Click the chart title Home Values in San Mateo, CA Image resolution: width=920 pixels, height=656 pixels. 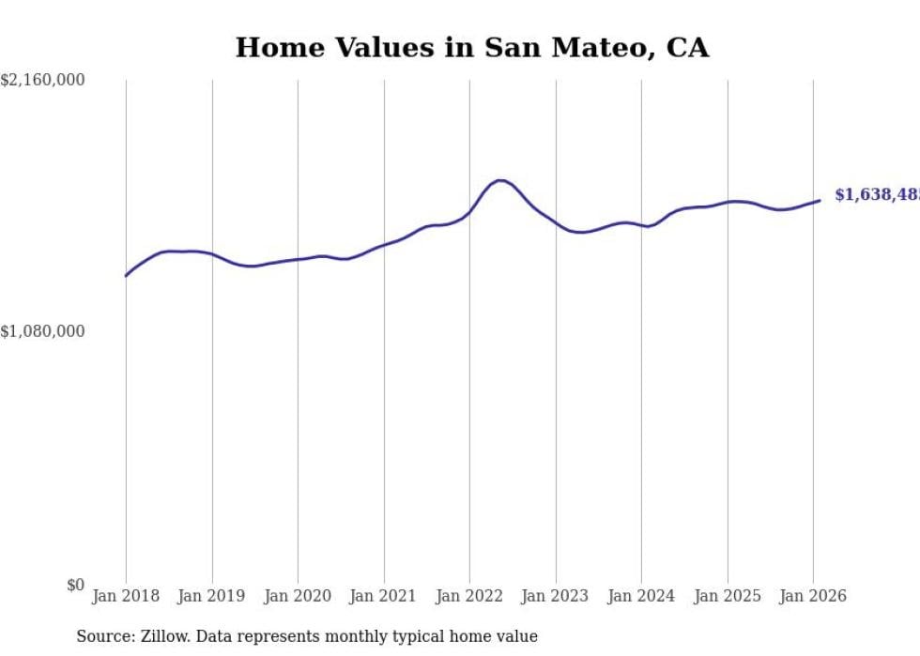pos(471,48)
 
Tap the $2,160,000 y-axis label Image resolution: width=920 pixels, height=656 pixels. pos(43,81)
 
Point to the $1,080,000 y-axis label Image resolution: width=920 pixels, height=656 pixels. pos(43,331)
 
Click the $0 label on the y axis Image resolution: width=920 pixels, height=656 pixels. pos(75,585)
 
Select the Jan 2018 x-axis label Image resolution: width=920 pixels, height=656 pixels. pos(126,596)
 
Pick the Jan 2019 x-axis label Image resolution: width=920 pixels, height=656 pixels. pos(212,596)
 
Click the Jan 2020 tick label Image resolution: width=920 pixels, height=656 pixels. pos(298,596)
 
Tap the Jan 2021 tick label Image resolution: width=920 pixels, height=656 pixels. pos(384,596)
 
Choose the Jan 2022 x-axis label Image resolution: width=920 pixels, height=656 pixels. pos(469,596)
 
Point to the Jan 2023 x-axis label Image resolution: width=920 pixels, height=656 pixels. pos(556,596)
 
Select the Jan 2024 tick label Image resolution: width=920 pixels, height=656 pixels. pos(641,596)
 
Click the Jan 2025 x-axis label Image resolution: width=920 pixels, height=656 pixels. pos(728,596)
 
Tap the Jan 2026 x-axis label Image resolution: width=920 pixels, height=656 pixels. pos(813,596)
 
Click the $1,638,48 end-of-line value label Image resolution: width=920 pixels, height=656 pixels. pos(877,194)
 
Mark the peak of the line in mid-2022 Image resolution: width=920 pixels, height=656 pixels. pos(500,180)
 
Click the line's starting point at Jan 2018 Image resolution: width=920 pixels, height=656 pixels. pos(126,276)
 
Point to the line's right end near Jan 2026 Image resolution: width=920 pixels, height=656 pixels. pos(820,200)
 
